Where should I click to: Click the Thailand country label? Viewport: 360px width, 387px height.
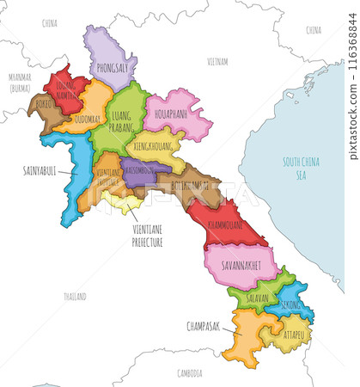(x=75, y=296)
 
